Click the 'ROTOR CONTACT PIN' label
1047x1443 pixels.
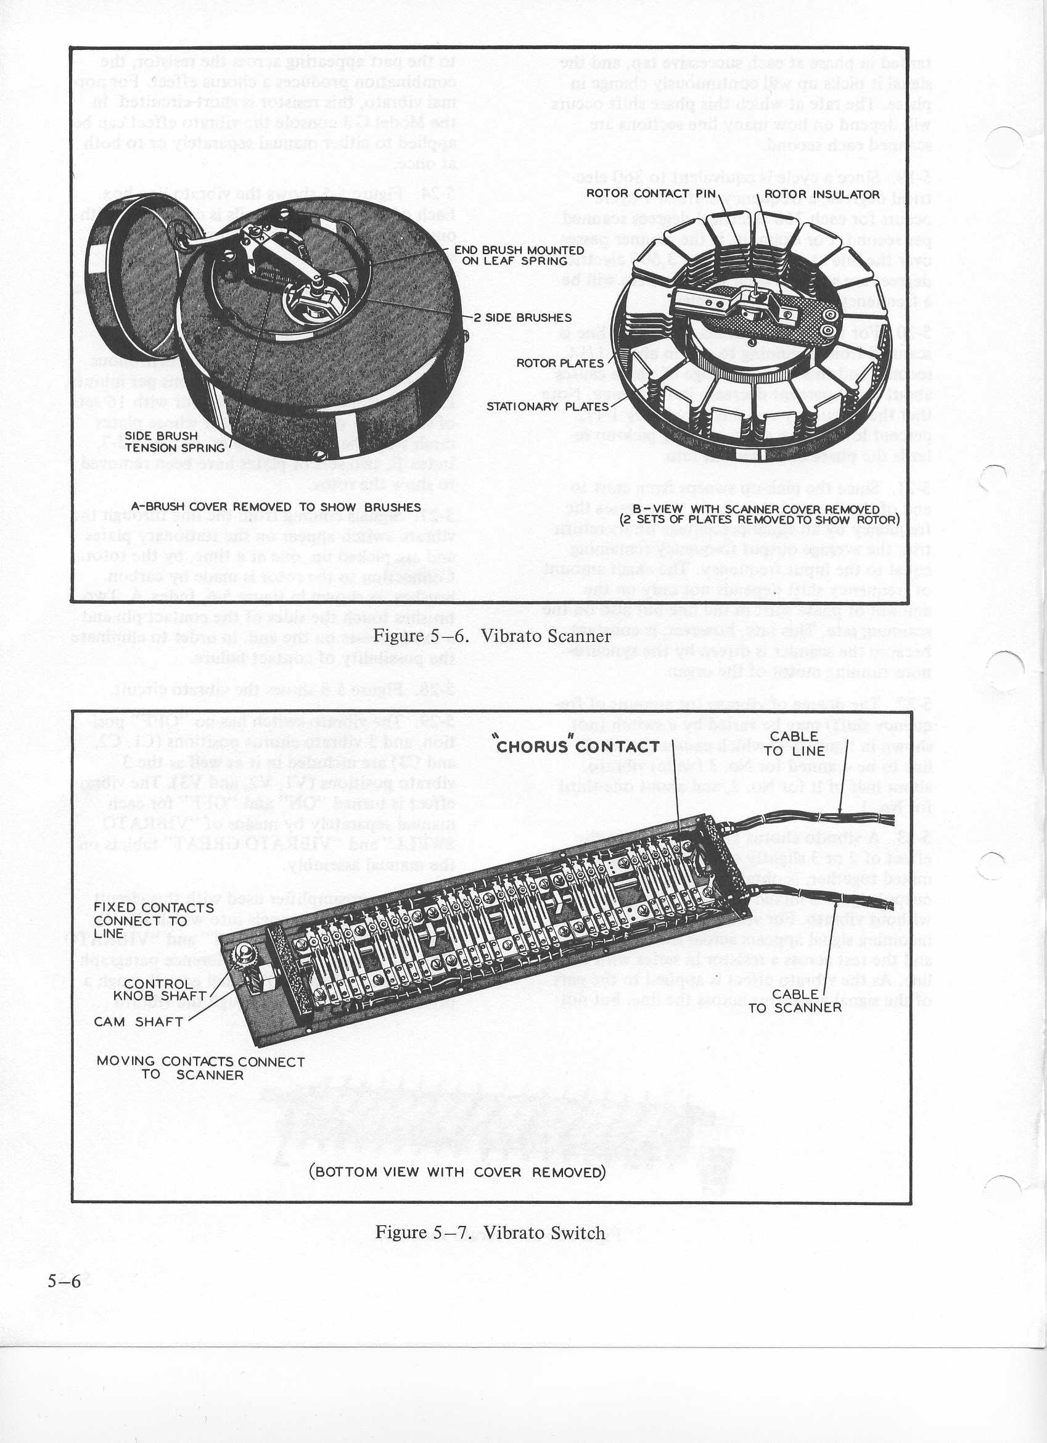click(x=651, y=194)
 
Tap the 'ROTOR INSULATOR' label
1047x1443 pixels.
click(x=821, y=194)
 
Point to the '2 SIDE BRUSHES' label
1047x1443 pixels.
click(x=522, y=318)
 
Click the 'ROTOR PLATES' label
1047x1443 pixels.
click(x=560, y=363)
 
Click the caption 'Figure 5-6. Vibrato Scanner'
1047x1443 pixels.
click(x=491, y=636)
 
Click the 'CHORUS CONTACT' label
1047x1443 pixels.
click(x=577, y=746)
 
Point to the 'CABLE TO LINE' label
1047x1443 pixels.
click(x=794, y=743)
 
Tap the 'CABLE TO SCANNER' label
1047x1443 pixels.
click(x=795, y=1001)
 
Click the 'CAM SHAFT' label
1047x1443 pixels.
click(x=139, y=1022)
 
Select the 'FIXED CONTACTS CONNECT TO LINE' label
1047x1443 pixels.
click(x=154, y=920)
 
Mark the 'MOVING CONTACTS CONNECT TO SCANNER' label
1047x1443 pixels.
click(x=200, y=1068)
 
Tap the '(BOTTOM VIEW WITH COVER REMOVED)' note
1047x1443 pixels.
click(x=456, y=1172)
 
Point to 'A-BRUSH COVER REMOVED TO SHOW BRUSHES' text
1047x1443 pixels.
click(x=276, y=507)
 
